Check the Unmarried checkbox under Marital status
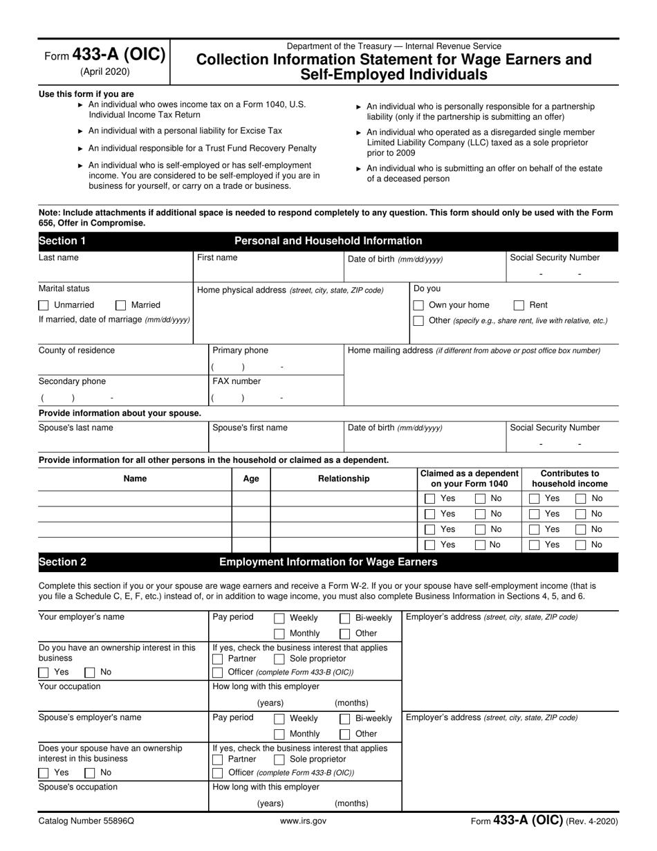[x=44, y=305]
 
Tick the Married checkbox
[x=121, y=305]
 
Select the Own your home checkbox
[x=418, y=305]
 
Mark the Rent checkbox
[x=519, y=305]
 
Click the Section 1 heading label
[x=62, y=241]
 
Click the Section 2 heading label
[x=62, y=562]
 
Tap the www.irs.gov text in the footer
[x=303, y=821]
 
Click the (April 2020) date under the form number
[x=104, y=71]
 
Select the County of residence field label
[x=77, y=351]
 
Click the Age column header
[x=251, y=479]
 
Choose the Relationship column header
[x=344, y=479]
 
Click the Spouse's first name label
[x=250, y=428]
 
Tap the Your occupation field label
[x=69, y=687]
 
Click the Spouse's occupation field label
[x=78, y=787]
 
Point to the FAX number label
[x=237, y=381]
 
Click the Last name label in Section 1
[x=59, y=258]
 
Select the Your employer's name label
[x=82, y=617]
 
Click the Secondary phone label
[x=72, y=381]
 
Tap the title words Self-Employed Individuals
[x=394, y=75]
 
